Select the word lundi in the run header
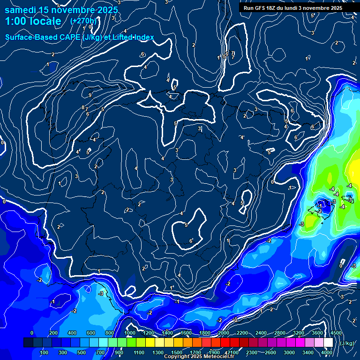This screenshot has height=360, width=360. [x=297, y=8]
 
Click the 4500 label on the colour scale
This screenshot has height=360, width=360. [x=336, y=333]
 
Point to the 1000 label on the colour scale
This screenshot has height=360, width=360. [x=130, y=333]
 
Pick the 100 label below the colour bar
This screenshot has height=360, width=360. [x=45, y=352]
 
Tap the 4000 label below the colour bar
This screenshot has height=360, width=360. [x=327, y=352]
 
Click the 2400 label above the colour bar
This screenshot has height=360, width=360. [x=261, y=333]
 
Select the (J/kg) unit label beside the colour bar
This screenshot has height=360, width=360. [x=346, y=343]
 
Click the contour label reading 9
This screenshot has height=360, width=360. [x=90, y=95]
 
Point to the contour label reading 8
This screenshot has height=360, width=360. [x=83, y=107]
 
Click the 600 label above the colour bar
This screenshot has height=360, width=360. [x=90, y=333]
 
